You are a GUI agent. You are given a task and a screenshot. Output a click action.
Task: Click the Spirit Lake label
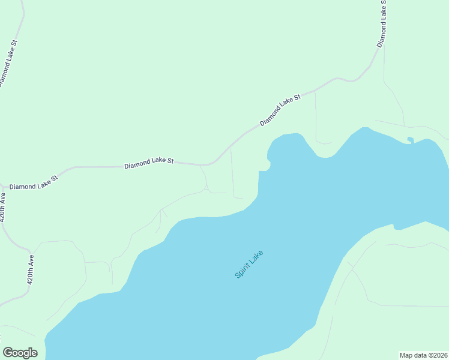pyautogui.click(x=249, y=263)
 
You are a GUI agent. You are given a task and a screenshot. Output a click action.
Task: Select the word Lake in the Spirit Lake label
pyautogui.click(x=256, y=256)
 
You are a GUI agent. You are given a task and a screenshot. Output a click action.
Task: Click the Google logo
pyautogui.click(x=20, y=353)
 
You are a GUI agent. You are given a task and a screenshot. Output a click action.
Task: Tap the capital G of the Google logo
pyautogui.click(x=8, y=353)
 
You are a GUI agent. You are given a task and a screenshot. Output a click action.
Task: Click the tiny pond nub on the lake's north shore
pyautogui.click(x=410, y=140)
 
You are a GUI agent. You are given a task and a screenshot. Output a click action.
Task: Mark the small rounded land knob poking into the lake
pyautogui.click(x=268, y=163)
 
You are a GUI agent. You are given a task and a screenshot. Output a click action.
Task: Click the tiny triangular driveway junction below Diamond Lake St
pyautogui.click(x=206, y=190)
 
